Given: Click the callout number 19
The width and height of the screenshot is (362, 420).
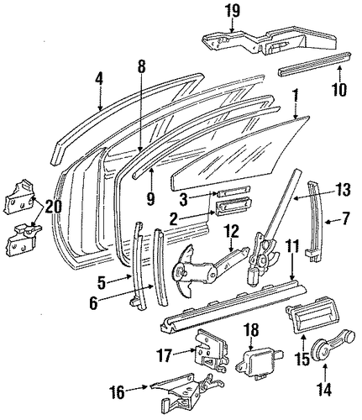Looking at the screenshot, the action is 233,12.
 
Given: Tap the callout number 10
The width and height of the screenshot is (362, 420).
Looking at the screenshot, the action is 339,89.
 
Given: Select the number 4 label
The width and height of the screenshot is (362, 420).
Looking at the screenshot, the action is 99,78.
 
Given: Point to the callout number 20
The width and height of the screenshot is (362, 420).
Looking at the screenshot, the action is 53,207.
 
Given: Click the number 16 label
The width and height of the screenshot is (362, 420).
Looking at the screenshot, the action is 116,392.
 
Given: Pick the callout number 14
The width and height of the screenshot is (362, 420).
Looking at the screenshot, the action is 324,389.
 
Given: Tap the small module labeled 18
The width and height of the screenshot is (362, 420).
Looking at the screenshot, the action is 259,364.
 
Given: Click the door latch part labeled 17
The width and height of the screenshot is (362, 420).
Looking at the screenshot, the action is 211,351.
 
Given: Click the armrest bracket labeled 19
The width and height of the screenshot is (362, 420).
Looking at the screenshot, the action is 270,40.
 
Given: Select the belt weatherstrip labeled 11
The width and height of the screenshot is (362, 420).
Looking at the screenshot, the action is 233,304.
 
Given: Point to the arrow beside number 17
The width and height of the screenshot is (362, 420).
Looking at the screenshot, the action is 184,351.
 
